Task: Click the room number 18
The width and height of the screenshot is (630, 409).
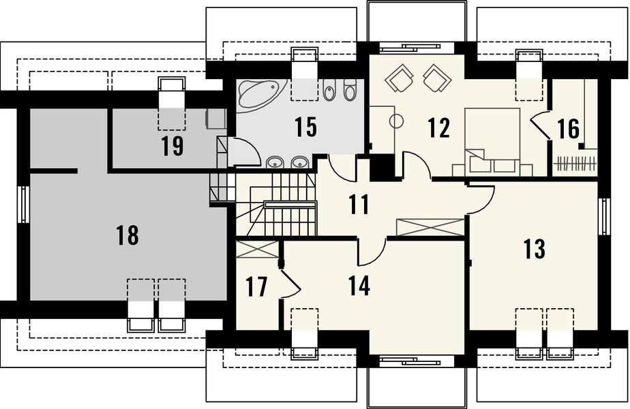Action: pos(127,235)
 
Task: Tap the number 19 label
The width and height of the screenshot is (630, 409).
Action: pos(172,146)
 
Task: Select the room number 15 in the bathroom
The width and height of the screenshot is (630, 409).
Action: pos(305,127)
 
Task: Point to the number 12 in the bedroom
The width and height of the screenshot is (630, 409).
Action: pos(439,127)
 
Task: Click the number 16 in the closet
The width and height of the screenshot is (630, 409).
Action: pos(569,129)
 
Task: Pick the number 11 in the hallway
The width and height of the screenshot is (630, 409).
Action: pos(359,204)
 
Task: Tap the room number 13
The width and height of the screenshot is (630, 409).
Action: pos(535,248)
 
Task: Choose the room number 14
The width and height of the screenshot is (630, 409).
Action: pos(359,286)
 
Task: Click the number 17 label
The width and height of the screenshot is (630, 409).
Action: pos(256,287)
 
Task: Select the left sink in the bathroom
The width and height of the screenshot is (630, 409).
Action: pos(275,162)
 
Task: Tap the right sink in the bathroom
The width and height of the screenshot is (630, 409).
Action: pos(299,162)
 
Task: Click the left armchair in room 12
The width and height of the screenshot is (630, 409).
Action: pos(399,77)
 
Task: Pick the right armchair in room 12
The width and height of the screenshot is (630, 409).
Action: pos(436,77)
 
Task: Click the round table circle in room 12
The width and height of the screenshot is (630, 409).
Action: pos(397,121)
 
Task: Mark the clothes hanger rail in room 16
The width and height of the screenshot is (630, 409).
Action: pos(575,164)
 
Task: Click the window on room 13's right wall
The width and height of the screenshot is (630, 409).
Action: pos(603,216)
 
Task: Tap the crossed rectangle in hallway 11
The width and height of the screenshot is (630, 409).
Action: pos(430,228)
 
